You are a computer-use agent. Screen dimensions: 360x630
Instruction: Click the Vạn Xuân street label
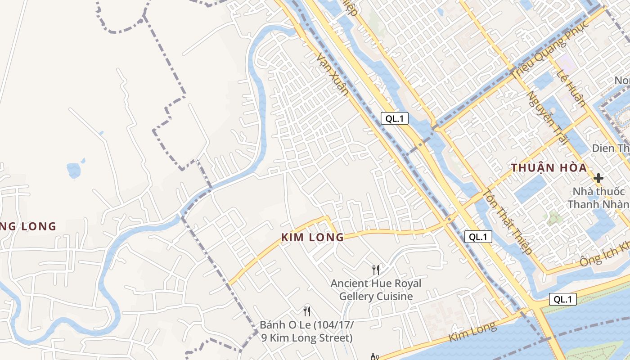click(x=332, y=74)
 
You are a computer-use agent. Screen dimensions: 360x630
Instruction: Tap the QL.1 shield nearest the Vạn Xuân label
click(x=395, y=119)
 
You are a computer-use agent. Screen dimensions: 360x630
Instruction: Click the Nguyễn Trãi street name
click(x=545, y=117)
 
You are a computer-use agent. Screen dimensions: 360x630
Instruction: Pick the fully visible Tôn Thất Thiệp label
click(x=508, y=221)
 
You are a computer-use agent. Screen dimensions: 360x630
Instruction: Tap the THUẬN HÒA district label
click(x=549, y=168)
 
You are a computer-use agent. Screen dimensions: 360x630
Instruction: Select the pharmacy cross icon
click(x=598, y=178)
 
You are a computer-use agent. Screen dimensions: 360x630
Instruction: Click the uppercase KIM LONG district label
click(x=312, y=237)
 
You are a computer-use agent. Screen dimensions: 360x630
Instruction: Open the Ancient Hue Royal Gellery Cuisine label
click(x=376, y=290)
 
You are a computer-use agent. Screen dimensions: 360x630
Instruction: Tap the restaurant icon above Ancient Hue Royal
click(x=376, y=270)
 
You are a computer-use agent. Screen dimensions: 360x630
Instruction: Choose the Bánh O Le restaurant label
click(x=307, y=331)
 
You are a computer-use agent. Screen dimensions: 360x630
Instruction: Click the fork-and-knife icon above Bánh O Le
click(x=307, y=311)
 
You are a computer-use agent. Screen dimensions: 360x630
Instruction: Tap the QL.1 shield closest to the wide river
click(x=562, y=299)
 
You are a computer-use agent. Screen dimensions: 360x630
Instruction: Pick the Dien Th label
click(x=611, y=148)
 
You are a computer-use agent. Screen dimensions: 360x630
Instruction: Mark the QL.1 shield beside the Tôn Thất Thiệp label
click(x=478, y=237)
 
